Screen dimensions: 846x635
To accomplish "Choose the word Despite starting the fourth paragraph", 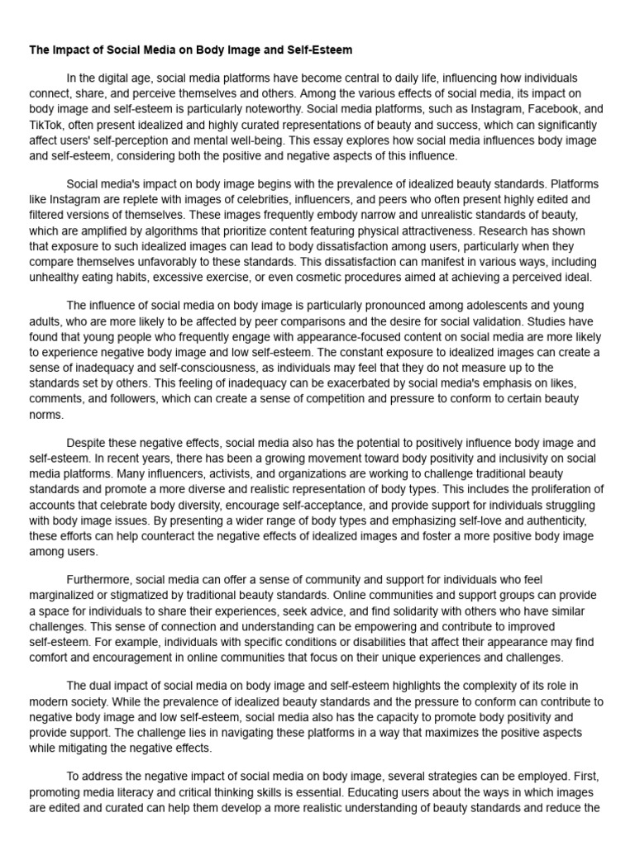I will [88, 443].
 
